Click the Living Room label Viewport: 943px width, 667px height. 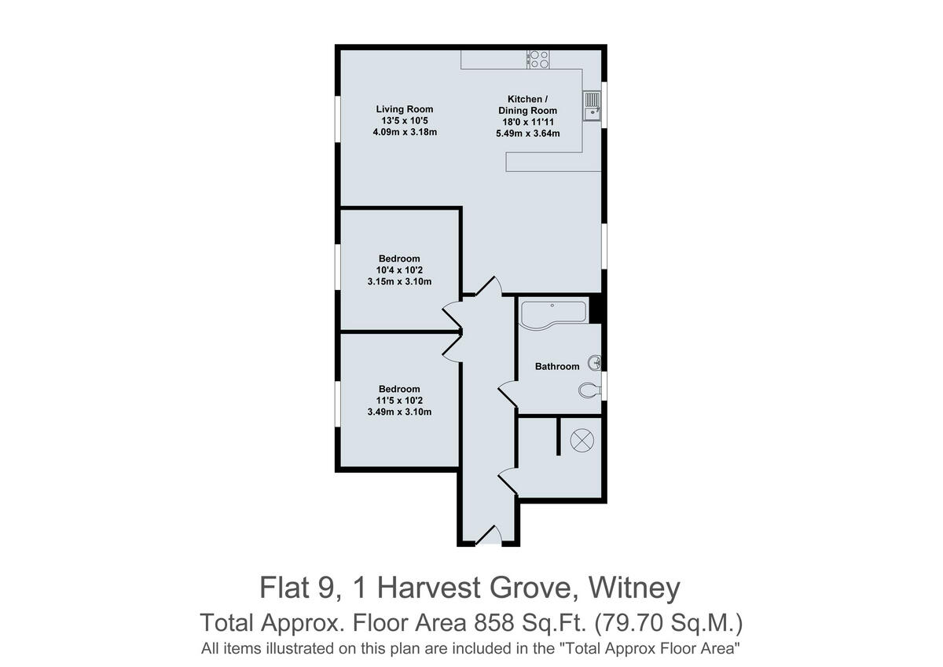[x=404, y=109]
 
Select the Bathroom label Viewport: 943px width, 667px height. [x=557, y=366]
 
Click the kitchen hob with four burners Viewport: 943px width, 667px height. [x=539, y=58]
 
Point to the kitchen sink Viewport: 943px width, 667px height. [x=591, y=105]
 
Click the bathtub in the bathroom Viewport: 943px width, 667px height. [x=552, y=313]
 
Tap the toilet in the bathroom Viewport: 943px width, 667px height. [x=589, y=389]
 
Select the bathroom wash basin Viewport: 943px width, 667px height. [x=596, y=362]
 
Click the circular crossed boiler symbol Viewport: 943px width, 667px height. [x=582, y=441]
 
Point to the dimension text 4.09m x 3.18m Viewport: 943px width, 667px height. [x=404, y=132]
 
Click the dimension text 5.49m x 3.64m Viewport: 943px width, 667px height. [x=527, y=134]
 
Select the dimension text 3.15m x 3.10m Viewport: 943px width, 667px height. [x=399, y=281]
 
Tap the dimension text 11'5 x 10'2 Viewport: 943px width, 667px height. [x=399, y=401]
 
